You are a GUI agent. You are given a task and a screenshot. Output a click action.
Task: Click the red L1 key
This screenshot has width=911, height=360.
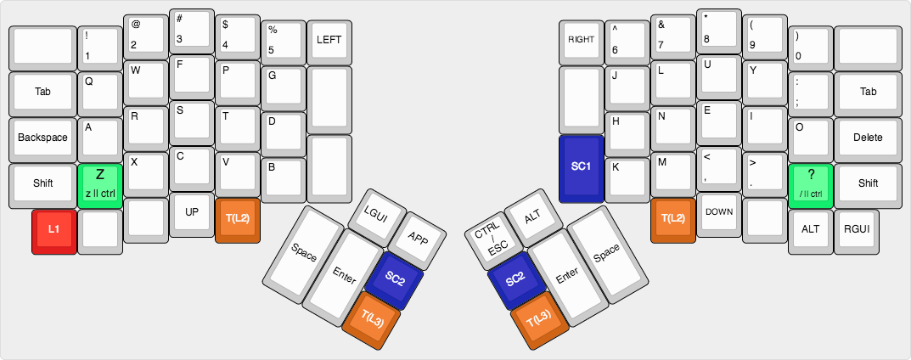[x=53, y=229]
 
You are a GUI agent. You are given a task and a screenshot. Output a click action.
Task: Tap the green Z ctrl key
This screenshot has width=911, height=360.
[x=99, y=183]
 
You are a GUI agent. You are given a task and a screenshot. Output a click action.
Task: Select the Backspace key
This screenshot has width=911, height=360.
[x=42, y=138]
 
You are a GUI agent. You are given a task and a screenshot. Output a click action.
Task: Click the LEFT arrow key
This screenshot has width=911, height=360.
[x=329, y=40]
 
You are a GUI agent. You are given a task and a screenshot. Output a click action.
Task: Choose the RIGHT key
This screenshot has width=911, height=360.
[x=582, y=40]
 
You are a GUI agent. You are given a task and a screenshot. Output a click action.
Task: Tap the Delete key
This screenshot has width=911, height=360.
[x=868, y=138]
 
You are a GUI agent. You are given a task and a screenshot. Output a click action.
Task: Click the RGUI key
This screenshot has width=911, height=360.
[x=857, y=228]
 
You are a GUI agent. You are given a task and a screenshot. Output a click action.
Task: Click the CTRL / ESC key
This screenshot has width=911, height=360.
[x=487, y=237]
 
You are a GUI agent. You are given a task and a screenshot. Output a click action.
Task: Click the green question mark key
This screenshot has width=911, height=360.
[x=811, y=183]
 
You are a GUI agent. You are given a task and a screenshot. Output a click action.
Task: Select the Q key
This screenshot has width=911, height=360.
[x=99, y=92]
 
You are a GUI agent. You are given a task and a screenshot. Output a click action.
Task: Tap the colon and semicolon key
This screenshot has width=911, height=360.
[x=811, y=92]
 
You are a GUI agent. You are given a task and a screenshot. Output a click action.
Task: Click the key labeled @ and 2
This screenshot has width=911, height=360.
[x=145, y=34]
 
